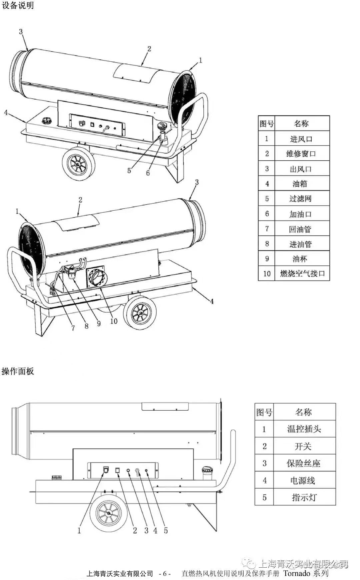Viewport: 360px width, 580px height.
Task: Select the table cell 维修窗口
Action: coord(301,154)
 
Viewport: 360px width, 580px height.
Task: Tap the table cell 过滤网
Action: coord(301,199)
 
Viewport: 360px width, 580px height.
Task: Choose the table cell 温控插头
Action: coord(304,429)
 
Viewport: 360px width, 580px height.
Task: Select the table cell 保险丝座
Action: coord(304,463)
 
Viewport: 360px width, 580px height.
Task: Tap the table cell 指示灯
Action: coord(304,497)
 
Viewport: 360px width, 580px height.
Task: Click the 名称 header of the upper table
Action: coord(301,124)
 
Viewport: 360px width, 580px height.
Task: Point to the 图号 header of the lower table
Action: coord(264,412)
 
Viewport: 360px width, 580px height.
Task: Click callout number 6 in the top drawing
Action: coord(148,173)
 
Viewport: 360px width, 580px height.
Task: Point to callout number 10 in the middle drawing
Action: coord(114,321)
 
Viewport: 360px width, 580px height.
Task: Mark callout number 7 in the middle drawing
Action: coord(73,328)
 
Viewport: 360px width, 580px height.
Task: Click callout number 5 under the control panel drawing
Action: coord(166,531)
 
